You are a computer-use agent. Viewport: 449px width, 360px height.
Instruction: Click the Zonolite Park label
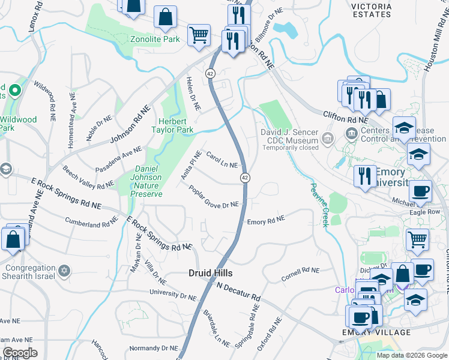tap(155, 40)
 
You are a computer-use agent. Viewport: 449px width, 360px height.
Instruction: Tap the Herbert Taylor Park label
tap(175, 125)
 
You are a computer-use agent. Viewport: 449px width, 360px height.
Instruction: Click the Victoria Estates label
tap(371, 10)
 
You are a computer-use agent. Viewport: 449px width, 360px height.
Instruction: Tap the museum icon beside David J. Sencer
tap(328, 139)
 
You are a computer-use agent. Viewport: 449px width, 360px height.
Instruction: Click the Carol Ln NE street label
tap(222, 160)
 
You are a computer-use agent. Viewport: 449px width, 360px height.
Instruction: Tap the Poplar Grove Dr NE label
tap(214, 197)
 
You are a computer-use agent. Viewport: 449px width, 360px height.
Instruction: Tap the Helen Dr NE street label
tap(191, 94)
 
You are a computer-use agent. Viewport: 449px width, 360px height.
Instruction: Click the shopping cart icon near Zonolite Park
tap(199, 34)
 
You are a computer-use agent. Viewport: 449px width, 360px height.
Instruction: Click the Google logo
tap(20, 353)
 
